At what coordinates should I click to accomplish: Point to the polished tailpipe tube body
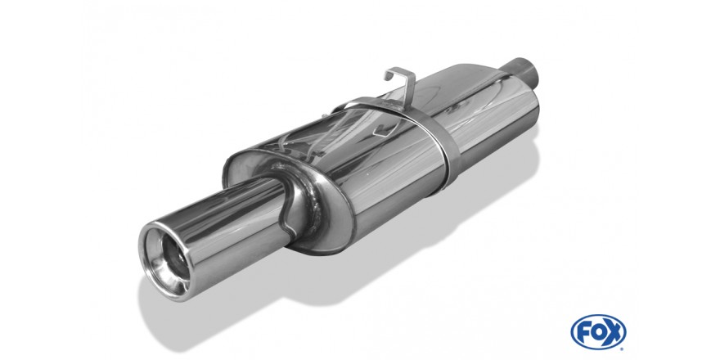(230, 225)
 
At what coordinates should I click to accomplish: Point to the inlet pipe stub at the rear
(524, 74)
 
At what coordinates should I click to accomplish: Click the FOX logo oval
(598, 331)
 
